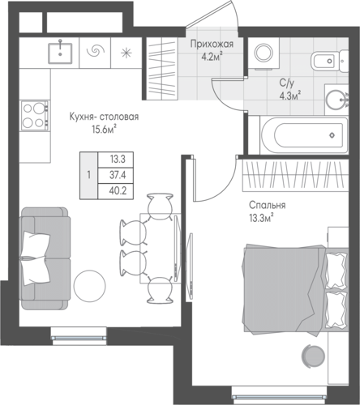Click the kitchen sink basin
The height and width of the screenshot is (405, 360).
click(x=60, y=53)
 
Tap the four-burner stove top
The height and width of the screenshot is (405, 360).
click(x=36, y=116)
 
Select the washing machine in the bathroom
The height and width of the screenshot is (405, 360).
click(x=263, y=53)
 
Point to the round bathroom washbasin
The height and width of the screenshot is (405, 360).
click(x=335, y=100)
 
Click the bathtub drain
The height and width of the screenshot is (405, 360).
click(x=332, y=135)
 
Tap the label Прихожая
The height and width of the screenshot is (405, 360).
click(x=212, y=44)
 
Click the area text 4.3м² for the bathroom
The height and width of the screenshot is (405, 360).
click(x=290, y=96)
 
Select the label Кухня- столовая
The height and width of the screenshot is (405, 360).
click(x=104, y=117)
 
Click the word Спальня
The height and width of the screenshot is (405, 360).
click(x=267, y=205)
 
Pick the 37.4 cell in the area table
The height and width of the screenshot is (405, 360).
click(x=116, y=176)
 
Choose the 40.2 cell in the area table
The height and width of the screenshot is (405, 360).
click(x=116, y=191)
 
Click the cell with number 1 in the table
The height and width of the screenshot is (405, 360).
click(x=88, y=176)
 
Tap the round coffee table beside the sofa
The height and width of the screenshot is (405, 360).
click(x=89, y=286)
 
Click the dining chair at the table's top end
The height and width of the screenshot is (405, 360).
click(x=160, y=206)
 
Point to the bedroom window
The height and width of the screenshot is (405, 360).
click(x=280, y=397)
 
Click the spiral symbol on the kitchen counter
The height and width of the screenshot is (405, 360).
click(x=95, y=50)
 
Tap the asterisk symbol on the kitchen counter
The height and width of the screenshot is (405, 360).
click(x=126, y=53)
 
